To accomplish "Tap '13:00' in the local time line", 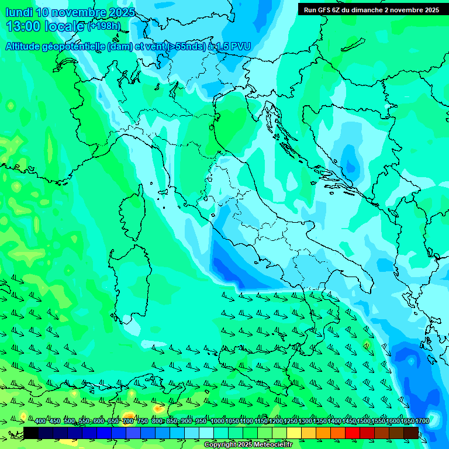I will tap(24, 26).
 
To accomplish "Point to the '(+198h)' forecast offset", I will tap(104, 26).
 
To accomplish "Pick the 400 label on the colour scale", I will tap(40, 422).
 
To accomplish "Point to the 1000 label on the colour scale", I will tap(217, 422).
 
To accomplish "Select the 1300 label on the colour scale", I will tap(305, 422).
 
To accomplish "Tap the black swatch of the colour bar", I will tap(31, 433).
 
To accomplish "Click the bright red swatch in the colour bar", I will tap(353, 433).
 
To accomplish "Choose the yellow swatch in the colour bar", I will tap(294, 433).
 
